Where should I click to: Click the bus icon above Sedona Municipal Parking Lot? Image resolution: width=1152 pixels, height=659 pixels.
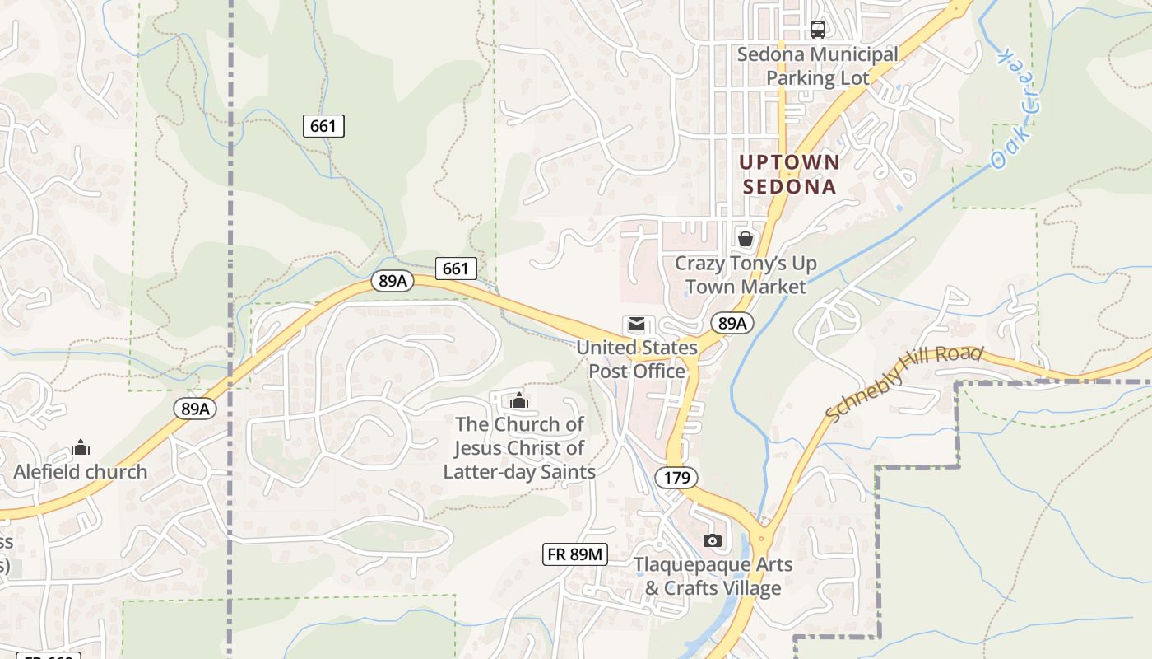(818, 30)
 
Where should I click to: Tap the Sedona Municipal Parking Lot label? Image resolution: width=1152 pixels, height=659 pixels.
(818, 66)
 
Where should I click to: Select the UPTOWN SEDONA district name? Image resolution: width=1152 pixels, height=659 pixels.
(790, 174)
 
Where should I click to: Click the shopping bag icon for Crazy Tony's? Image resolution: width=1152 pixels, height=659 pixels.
(746, 239)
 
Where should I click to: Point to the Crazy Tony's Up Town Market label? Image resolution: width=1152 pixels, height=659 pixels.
(746, 275)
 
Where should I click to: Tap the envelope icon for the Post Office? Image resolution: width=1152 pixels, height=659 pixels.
(637, 325)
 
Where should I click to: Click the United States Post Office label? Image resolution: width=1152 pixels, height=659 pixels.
(637, 359)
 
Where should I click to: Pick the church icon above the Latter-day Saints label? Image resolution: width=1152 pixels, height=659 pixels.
(519, 401)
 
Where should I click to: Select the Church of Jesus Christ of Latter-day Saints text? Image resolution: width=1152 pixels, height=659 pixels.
(519, 448)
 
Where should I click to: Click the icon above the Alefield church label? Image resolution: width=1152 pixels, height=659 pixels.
(81, 447)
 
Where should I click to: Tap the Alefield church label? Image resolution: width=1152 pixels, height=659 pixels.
(81, 472)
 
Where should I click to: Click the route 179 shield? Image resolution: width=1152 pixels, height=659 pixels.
(676, 477)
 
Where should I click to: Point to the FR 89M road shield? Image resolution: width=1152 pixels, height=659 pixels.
(576, 554)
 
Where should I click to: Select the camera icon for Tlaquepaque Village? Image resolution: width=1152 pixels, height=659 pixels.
(713, 540)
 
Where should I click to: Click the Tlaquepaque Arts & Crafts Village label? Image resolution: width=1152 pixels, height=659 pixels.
(713, 577)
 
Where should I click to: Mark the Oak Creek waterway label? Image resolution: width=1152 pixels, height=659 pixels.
(1013, 109)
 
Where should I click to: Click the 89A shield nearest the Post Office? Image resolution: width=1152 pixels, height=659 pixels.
(732, 323)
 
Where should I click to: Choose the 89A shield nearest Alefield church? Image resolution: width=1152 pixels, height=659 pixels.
(195, 408)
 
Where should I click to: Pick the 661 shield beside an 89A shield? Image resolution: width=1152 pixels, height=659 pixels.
(455, 268)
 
